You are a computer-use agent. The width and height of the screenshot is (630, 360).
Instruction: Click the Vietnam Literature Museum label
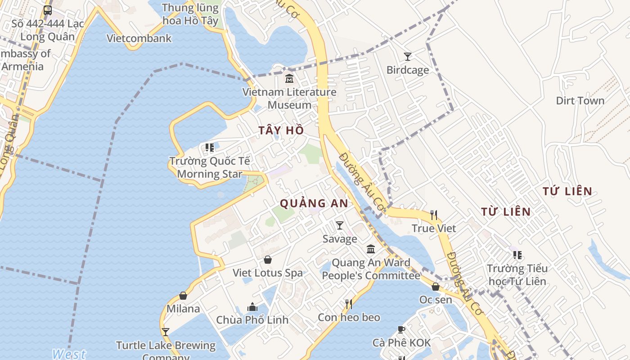289,98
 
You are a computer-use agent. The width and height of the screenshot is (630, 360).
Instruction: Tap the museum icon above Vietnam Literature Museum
289,79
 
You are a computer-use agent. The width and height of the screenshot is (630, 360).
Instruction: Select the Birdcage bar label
408,70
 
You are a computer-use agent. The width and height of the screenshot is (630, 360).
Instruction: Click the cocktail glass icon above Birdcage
408,57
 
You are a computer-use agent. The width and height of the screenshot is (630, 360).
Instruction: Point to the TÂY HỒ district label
281,130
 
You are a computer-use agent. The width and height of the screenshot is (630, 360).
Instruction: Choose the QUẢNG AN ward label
314,203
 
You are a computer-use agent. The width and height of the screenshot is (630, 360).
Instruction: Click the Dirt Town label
580,101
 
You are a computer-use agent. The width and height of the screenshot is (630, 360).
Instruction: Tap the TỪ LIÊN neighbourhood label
506,211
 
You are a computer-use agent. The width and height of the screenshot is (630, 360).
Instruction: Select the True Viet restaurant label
434,229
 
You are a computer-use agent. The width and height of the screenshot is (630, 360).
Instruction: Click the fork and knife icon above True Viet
434,215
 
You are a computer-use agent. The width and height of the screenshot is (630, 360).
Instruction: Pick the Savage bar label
340,239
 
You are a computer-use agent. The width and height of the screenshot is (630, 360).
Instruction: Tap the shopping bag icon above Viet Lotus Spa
268,260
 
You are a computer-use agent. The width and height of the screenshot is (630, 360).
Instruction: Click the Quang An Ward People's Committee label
371,269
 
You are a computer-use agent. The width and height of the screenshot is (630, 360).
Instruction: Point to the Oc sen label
436,299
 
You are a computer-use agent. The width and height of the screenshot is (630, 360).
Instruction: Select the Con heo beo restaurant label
349,318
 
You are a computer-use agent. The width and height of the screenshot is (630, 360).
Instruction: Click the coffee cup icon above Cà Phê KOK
401,330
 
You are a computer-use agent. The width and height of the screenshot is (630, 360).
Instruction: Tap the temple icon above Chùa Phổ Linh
252,307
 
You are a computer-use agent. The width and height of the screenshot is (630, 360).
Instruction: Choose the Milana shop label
183,309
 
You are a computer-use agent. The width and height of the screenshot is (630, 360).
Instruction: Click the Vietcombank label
139,38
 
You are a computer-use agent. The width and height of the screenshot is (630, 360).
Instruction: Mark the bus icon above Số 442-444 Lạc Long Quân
48,10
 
